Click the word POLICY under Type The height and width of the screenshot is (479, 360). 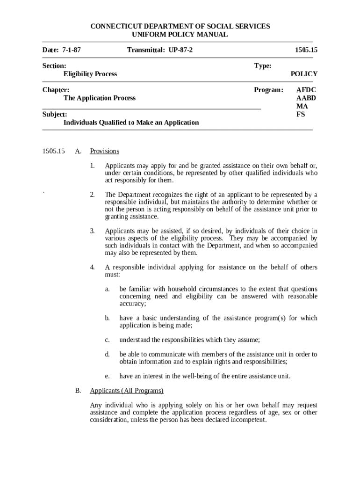tap(303, 74)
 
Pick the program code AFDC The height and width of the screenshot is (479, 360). tap(306, 90)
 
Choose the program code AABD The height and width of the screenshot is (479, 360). tap(306, 98)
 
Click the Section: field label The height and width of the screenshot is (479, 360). tap(54, 66)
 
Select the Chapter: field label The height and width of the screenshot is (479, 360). tap(56, 90)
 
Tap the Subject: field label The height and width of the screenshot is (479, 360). tap(55, 114)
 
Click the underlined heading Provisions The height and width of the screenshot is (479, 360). tap(104, 151)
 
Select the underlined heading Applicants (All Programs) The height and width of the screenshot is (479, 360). tap(126, 391)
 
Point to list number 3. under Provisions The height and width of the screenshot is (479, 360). tap(93, 231)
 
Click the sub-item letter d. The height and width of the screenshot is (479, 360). tap(108, 355)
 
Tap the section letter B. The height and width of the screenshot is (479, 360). tap(78, 391)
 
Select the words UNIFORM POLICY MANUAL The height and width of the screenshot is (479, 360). tap(180, 35)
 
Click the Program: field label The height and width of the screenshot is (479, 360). tap(268, 90)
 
